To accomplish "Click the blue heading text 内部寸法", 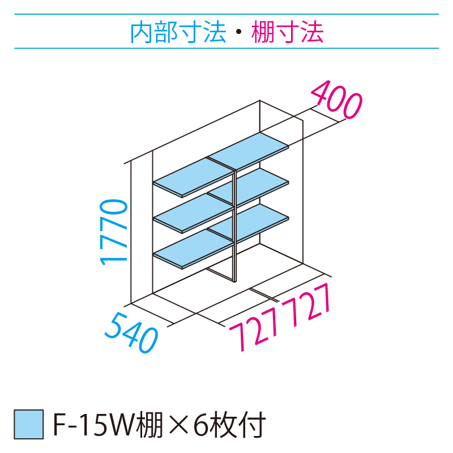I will [x=178, y=32].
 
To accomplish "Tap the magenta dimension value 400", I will [x=336, y=100].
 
